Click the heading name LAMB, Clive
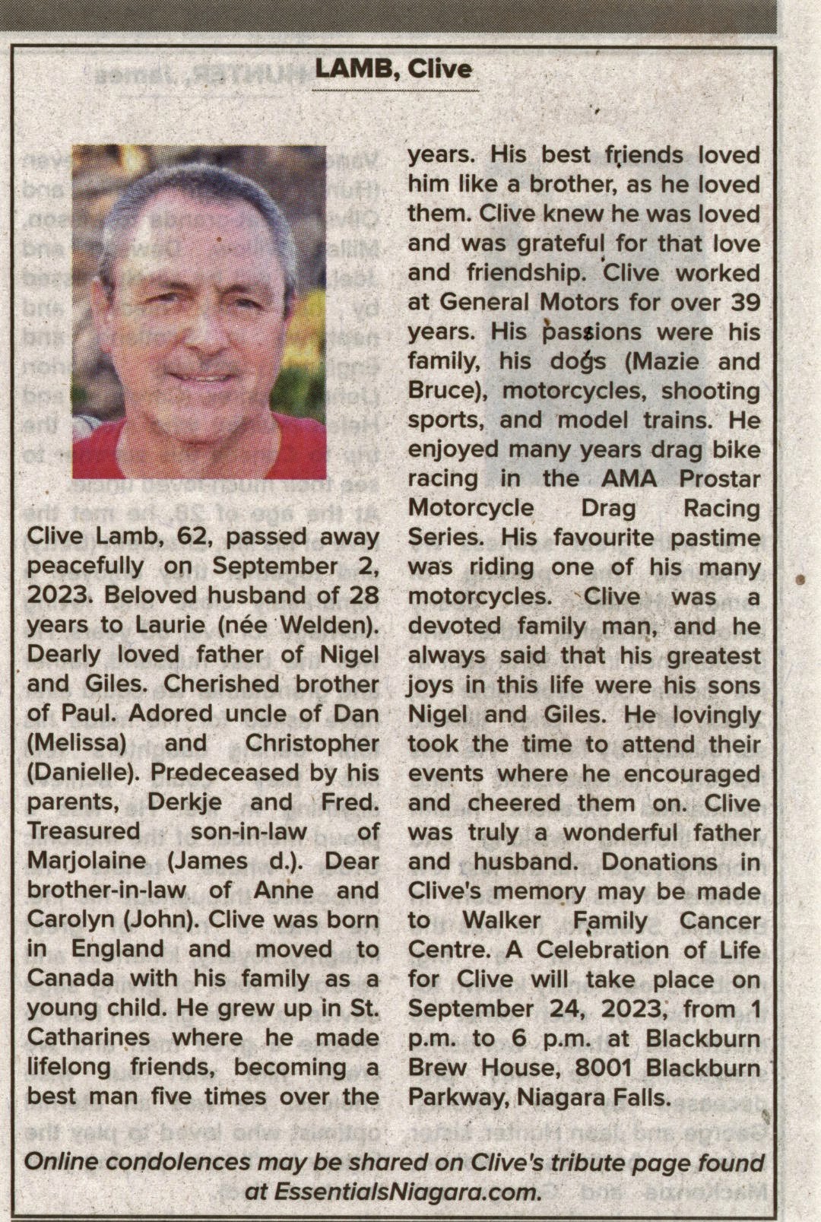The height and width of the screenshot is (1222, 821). [x=394, y=69]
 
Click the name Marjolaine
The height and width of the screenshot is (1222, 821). [x=87, y=861]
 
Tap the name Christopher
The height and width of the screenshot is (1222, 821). [x=312, y=744]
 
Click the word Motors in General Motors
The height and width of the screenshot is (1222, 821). [x=579, y=303]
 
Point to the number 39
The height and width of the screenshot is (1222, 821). [x=745, y=303]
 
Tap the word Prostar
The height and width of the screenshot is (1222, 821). [x=719, y=479]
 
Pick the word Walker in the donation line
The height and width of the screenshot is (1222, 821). [x=502, y=921]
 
